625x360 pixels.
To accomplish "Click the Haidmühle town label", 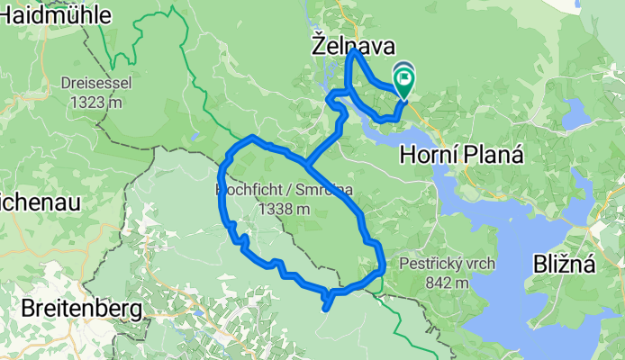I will pos(56,14).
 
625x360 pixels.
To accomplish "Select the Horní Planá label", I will pos(462,154).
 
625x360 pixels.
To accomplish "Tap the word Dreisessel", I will pos(97,85).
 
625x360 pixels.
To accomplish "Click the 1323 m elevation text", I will pos(97,101).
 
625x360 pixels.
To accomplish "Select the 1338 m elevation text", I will pos(284,208).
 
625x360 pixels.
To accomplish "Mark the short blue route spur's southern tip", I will pos(324,309).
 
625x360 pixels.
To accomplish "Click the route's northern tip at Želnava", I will pos(354,53).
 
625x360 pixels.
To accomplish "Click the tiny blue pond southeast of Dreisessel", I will pos(195,138).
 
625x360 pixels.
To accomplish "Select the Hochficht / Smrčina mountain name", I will pos(284,191).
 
